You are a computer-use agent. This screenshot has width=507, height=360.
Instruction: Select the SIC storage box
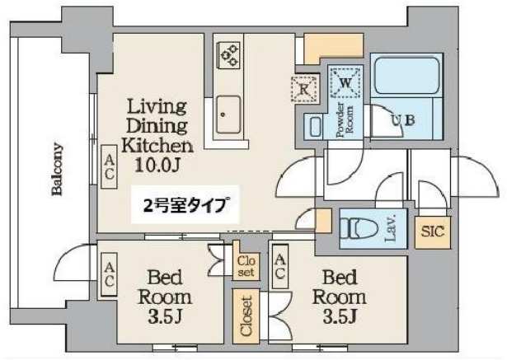(x=432, y=231)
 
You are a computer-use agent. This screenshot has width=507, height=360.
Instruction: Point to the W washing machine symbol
(x=345, y=81)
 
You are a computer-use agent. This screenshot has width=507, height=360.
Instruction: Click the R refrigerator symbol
(x=303, y=86)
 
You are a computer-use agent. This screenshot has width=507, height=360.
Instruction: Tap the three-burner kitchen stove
(x=228, y=55)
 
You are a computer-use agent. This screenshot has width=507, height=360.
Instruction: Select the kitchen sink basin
(x=228, y=115)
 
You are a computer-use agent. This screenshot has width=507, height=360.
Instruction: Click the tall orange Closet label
(x=246, y=315)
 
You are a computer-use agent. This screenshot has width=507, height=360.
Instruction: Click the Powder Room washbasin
(x=313, y=126)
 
